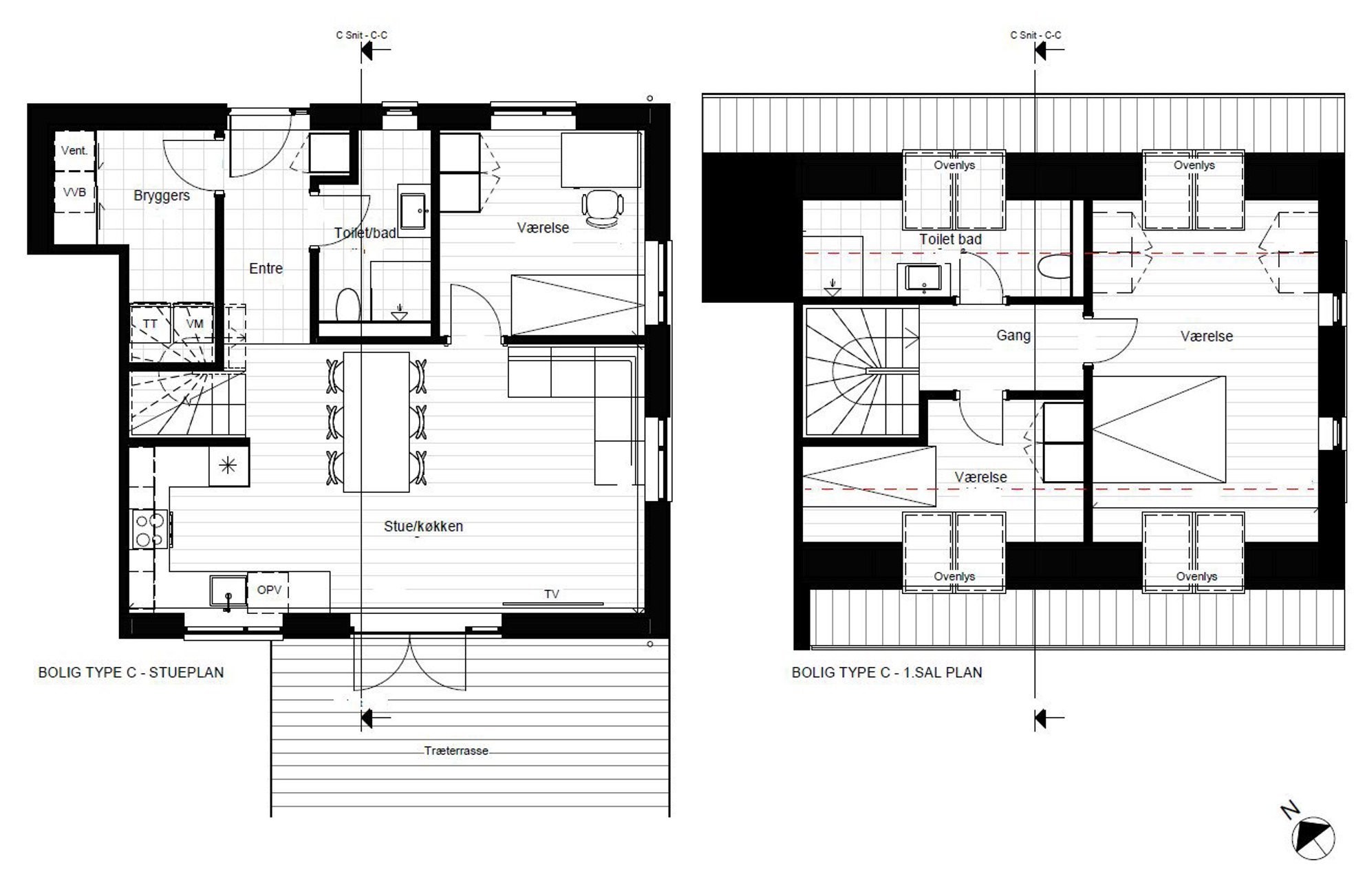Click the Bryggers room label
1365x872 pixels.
[162, 196]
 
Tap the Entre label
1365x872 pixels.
[266, 268]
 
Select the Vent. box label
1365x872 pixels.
[74, 151]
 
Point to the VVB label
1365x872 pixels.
[74, 192]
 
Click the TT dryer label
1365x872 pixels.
[150, 323]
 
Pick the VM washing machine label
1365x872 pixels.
[195, 323]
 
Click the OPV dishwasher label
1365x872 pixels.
[269, 590]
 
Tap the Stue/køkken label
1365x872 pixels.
[423, 527]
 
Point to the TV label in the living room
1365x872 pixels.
[552, 594]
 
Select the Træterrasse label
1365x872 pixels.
[456, 751]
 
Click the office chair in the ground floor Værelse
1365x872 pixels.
[603, 208]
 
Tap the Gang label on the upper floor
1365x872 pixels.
[1013, 336]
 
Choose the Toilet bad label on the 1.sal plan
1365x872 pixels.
[950, 240]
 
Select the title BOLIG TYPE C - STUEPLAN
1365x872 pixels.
[131, 672]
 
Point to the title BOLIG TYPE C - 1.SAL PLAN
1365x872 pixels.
[887, 672]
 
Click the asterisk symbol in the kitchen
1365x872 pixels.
[228, 466]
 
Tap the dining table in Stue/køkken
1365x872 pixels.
[376, 422]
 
